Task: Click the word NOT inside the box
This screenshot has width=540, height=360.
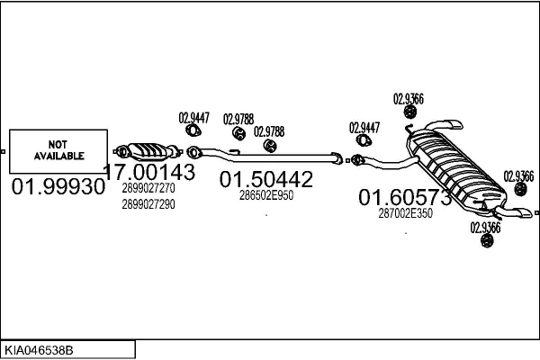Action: coord(58,144)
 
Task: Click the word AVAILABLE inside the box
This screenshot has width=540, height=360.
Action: coord(58,156)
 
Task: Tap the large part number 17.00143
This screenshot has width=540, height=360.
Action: coord(149,172)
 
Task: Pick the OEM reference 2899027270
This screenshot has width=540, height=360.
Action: coord(148,190)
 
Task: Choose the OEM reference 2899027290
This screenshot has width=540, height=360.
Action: coord(148,204)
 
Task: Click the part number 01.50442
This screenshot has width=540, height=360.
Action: coord(266,179)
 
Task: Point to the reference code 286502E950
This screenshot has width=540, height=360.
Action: coord(266,195)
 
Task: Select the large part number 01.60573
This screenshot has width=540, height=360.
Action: coord(405,197)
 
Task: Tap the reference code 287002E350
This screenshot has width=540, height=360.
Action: coord(405,213)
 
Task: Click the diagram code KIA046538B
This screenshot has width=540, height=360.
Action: coord(40,348)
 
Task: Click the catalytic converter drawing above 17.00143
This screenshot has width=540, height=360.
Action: coord(148,149)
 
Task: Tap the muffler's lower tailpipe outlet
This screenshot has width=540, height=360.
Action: coord(519,213)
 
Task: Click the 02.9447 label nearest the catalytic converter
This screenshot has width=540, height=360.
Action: coord(193,117)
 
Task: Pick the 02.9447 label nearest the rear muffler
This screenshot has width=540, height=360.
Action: coord(364,127)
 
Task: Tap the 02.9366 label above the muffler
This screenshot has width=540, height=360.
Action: coord(409,99)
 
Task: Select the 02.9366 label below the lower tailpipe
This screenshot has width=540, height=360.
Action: coord(485,228)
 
